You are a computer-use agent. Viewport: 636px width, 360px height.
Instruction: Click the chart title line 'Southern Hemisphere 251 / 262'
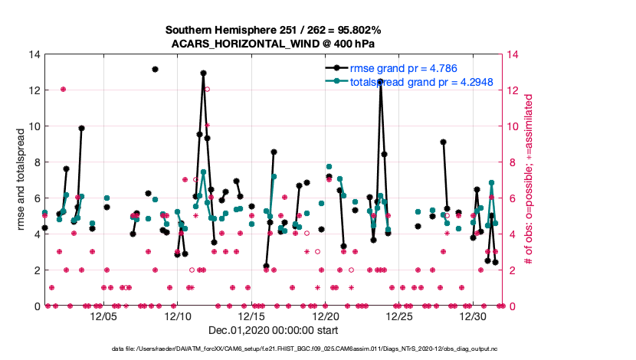[274, 30]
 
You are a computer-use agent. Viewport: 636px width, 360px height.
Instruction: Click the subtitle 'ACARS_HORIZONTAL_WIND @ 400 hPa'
[274, 43]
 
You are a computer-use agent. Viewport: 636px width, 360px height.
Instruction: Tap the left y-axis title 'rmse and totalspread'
[20, 180]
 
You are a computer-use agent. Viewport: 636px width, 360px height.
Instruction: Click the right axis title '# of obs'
[529, 180]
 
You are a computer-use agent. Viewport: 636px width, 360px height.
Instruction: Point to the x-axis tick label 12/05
[104, 316]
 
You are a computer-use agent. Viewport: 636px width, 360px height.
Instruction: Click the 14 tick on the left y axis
[35, 54]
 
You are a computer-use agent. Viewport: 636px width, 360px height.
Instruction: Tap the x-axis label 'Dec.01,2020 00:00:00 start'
[274, 331]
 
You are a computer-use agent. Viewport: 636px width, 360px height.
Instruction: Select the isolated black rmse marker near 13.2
[155, 69]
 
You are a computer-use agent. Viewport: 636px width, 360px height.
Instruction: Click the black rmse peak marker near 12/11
[203, 74]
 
